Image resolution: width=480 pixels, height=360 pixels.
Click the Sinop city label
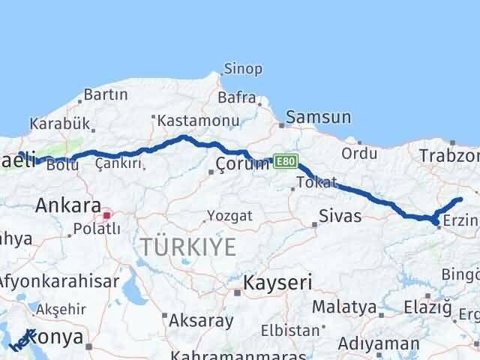pos(244,69)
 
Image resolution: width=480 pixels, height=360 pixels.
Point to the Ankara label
pos(68,205)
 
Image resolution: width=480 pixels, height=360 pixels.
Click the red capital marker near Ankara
pos(106,215)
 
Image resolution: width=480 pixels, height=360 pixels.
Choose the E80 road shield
pos(286,161)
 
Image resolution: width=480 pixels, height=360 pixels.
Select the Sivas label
pos(340,217)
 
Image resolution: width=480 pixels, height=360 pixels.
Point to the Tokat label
pos(316,182)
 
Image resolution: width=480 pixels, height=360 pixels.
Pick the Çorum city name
pos(241,164)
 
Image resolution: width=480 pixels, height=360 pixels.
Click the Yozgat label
pos(229,216)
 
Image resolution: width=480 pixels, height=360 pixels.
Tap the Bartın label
pos(105,94)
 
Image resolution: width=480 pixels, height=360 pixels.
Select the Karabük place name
pos(60,124)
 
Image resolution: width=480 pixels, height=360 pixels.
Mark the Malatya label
pos(343,307)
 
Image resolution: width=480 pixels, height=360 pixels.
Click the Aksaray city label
pos(201,320)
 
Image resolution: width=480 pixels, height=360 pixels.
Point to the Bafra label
pos(236,97)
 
